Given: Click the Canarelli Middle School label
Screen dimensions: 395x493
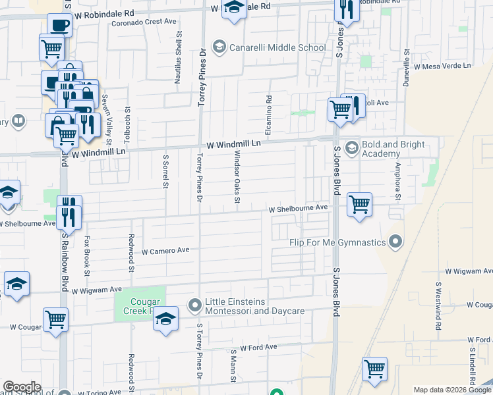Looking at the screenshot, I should [277, 47].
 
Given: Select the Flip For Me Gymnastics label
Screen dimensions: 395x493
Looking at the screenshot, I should [337, 242].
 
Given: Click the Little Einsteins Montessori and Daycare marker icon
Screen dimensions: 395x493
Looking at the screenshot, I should [194, 305].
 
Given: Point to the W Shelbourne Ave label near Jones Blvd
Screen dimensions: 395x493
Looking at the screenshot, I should [298, 207].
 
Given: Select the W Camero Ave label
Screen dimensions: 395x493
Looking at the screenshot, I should [165, 251].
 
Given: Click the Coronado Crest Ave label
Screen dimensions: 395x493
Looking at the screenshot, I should [143, 21].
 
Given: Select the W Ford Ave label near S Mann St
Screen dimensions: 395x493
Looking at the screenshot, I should [259, 347].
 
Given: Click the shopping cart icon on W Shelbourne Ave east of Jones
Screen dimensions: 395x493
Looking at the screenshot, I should [359, 204].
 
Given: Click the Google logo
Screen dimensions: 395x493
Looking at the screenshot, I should [22, 387].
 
